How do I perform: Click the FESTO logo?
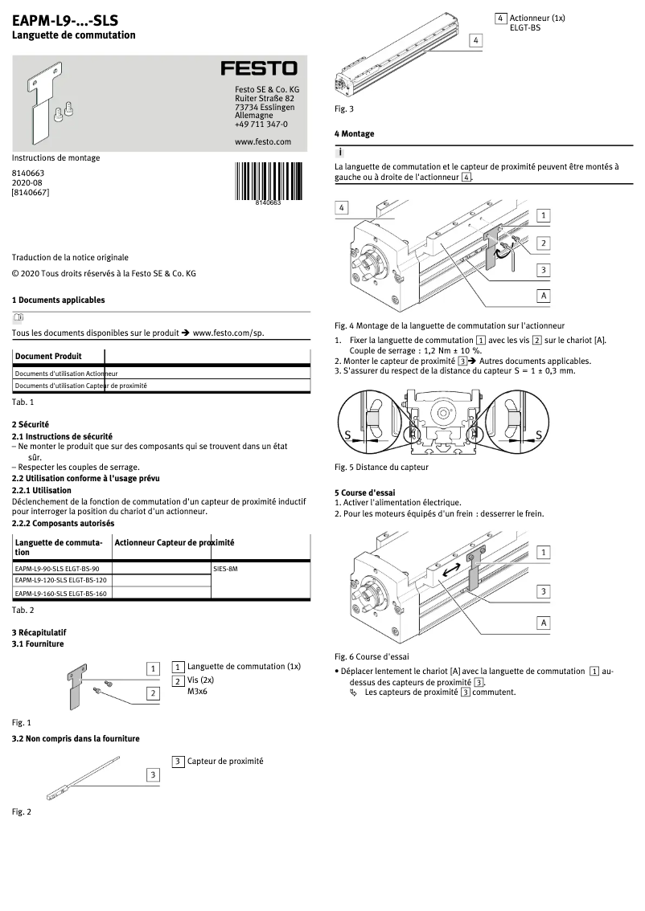(x=259, y=69)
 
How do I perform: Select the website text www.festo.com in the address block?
(x=262, y=141)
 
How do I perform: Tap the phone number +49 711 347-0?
(x=261, y=125)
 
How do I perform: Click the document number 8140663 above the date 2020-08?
(x=27, y=173)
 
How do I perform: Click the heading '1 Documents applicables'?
(x=58, y=300)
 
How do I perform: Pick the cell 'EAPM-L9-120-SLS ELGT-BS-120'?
(x=61, y=580)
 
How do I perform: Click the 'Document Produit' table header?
(x=48, y=356)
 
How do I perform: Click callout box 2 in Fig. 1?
(x=152, y=692)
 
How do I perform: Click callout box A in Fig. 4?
(x=544, y=296)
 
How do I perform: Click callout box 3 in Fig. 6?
(x=544, y=591)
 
